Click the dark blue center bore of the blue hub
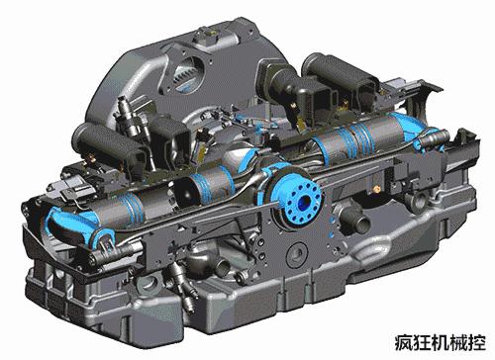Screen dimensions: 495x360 pos(304,203)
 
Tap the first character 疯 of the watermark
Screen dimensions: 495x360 pos(404,343)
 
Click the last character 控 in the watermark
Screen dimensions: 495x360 pos(477,343)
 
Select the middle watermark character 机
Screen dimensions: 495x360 pos(441,343)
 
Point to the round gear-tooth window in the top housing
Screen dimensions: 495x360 pos(186,75)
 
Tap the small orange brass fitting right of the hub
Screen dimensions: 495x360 pos(377,189)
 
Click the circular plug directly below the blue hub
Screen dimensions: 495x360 pos(298,254)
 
